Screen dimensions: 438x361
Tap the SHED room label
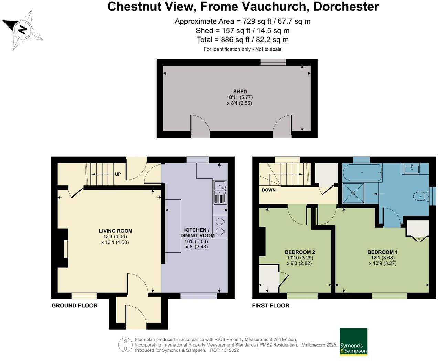pos(240,92)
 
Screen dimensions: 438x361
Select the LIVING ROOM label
pos(116,231)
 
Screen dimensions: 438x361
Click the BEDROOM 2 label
pos(300,252)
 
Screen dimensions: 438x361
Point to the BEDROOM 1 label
pos(382,252)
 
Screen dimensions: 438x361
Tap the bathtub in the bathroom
pos(362,172)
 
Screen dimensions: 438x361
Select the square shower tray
pos(353,193)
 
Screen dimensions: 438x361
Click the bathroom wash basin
pos(412,169)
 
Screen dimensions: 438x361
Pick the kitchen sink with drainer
pos(220,192)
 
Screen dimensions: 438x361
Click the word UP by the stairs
pos(118,174)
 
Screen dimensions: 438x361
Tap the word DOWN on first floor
pos(268,190)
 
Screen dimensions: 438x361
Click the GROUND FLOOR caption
pos(74,306)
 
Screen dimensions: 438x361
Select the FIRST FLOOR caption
pos(270,306)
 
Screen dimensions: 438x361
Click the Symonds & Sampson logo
pos(353,342)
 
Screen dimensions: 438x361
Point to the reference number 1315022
pos(230,350)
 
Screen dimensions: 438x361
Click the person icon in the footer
pos(126,345)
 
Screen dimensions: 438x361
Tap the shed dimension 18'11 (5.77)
pos(239,97)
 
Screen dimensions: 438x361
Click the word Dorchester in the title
pos(346,7)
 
